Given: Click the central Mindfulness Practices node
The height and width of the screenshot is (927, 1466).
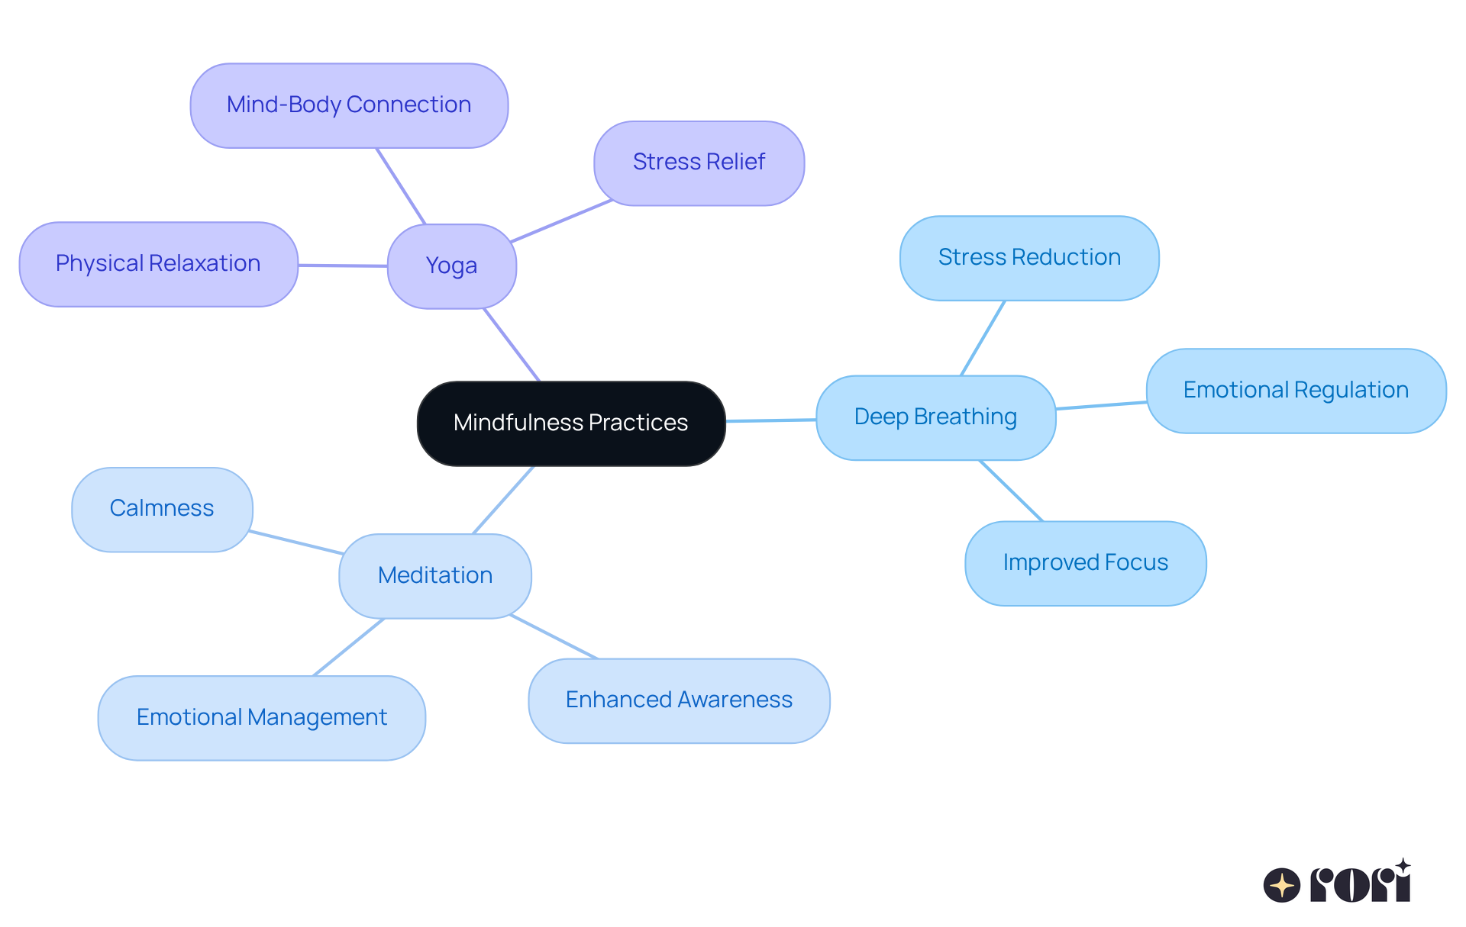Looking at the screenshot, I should point(570,423).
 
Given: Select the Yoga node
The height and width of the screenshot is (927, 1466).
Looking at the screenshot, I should point(451,266).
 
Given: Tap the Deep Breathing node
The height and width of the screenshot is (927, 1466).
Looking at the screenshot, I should point(935,417).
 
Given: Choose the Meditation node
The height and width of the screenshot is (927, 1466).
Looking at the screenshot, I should point(434,575).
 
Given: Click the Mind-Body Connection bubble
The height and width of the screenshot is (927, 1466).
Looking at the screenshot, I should point(349,105).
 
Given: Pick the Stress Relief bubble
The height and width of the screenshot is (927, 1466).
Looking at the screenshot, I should point(699,163).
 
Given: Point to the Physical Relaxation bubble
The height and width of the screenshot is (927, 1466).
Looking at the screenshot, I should point(158,264).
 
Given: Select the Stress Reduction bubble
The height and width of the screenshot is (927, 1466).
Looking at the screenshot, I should point(1028,258).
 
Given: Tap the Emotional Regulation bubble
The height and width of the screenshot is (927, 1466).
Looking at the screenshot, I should point(1295,391).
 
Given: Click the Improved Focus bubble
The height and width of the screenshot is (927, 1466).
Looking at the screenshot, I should point(1085,563).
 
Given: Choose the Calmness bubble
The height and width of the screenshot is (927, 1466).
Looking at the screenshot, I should point(162,509).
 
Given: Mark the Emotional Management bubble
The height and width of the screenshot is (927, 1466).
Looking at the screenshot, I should point(261,717).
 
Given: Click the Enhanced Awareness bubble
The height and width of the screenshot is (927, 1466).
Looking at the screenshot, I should point(679,700).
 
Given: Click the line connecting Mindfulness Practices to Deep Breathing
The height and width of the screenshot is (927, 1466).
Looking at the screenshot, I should point(770,420).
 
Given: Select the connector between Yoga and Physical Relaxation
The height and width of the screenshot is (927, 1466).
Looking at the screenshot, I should point(342,266).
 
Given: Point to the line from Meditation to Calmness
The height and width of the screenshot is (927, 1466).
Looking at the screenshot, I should point(296,542).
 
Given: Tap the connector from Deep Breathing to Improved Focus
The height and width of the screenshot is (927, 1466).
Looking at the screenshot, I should point(1011,491).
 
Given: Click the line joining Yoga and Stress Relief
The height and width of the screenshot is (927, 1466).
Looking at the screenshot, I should point(561,221).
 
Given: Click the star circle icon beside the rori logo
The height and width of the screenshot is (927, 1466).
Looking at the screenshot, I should point(1281,885).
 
